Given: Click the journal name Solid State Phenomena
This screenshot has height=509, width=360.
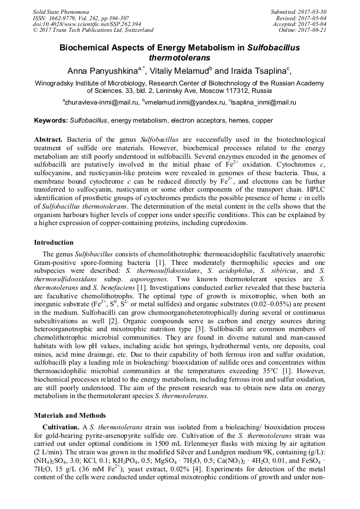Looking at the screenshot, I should pos(61,11).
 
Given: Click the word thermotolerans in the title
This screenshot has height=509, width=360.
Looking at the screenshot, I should pos(179,57).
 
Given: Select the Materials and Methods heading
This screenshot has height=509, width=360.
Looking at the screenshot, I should pos(70,416).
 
